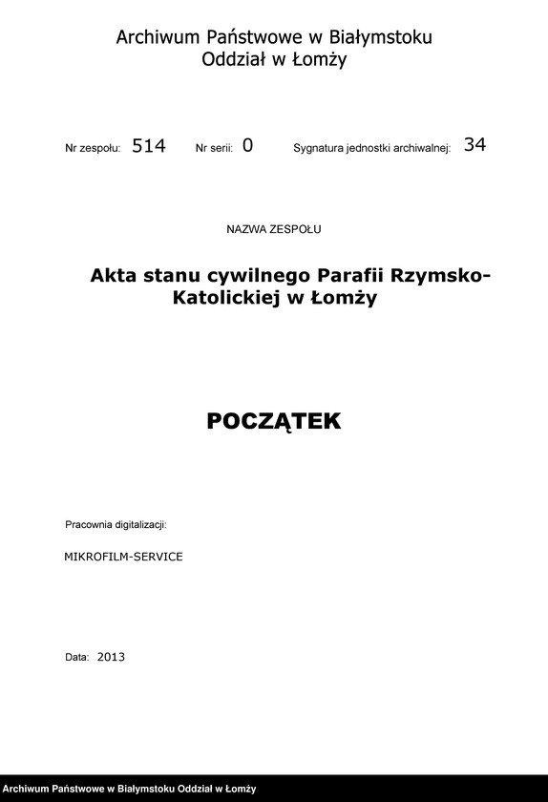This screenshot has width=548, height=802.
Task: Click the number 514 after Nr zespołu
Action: point(149,146)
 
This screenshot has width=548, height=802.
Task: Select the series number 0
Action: point(248,146)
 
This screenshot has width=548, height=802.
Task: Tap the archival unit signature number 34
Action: point(474,145)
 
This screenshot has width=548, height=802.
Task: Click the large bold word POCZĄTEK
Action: point(274,421)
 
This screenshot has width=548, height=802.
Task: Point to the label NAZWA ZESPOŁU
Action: point(274,229)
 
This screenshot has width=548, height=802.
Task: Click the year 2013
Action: point(111,657)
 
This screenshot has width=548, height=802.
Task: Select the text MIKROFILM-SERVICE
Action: point(123,556)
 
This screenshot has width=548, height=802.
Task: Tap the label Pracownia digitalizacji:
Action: point(116,525)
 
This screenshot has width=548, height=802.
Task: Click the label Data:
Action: point(77,658)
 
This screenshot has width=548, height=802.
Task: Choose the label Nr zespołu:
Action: point(93,149)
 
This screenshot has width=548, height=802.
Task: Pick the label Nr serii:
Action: point(214,149)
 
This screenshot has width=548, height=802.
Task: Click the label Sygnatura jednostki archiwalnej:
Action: point(371,149)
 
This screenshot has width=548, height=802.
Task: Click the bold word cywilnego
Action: point(249,277)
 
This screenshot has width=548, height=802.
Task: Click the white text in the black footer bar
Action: point(130,789)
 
